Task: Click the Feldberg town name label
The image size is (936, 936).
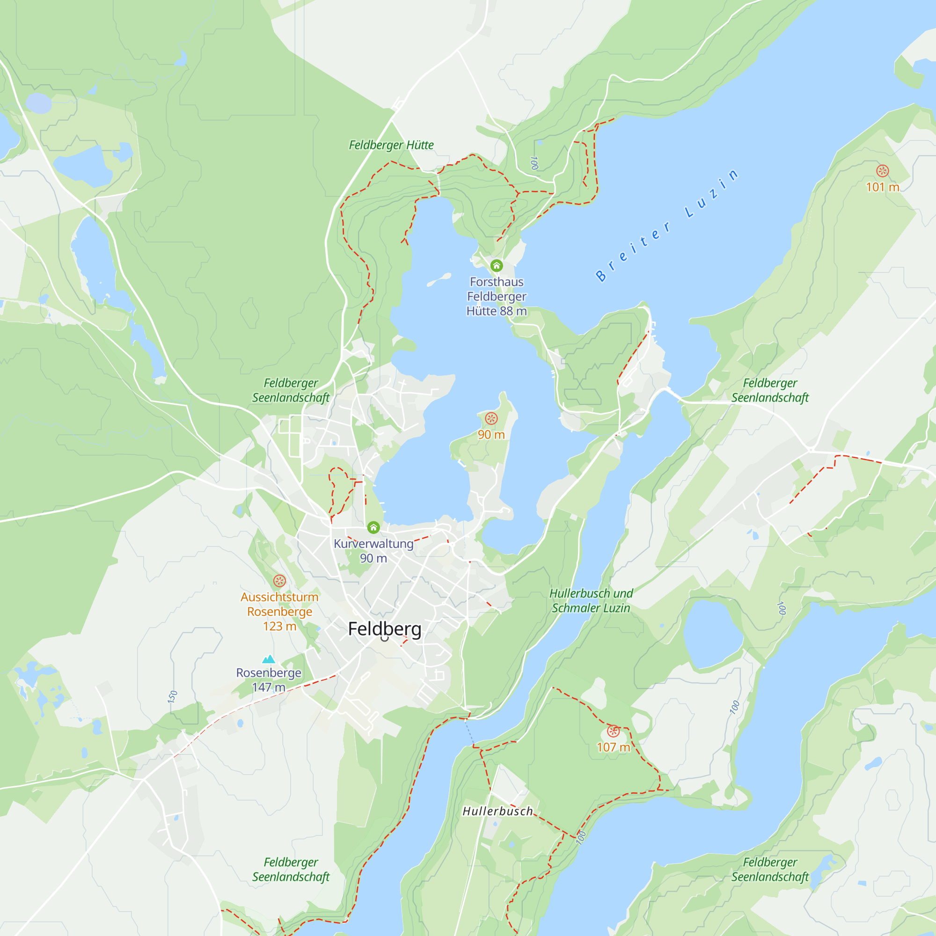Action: point(385,629)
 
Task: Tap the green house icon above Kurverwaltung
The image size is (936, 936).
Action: point(373,527)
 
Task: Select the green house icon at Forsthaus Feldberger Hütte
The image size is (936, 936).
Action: point(497,265)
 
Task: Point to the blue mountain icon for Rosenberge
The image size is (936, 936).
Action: point(268,659)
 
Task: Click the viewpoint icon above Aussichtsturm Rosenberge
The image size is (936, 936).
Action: point(279,581)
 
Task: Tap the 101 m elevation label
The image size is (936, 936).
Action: point(882,187)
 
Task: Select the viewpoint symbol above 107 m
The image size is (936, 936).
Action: point(614,731)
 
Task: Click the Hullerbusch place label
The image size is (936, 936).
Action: point(497,812)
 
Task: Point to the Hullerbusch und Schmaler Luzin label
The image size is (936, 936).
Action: point(591,601)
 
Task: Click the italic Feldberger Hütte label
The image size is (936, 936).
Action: point(391,145)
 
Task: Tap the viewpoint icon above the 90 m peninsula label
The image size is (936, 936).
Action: point(491,418)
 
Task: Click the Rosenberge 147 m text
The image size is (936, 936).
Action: point(268,680)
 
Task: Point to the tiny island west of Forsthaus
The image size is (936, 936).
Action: point(439,279)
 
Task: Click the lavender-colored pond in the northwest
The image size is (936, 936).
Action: point(39,103)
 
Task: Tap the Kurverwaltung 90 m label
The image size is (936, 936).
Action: point(373,551)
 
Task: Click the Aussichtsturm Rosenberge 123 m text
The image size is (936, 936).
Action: point(279,611)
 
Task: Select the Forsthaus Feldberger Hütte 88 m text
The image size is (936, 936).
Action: point(497,297)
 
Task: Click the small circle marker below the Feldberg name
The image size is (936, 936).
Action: point(385,638)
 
